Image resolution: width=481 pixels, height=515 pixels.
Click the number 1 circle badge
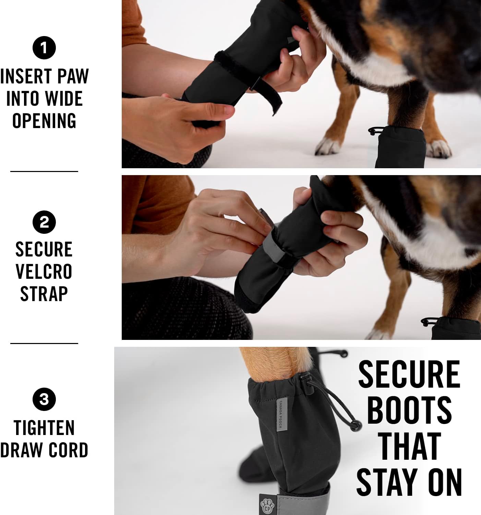pyautogui.click(x=44, y=48)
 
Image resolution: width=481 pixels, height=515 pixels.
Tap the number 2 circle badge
pyautogui.click(x=44, y=222)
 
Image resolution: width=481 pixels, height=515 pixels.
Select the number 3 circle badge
pyautogui.click(x=44, y=399)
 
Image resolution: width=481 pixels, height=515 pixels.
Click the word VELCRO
pyautogui.click(x=44, y=272)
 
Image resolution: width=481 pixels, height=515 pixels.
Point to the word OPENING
pyautogui.click(x=44, y=121)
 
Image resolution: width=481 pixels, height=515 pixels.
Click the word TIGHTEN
pyautogui.click(x=44, y=428)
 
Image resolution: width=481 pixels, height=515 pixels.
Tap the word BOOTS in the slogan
pyautogui.click(x=409, y=410)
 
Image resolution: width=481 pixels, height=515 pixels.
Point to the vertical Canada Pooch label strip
pyautogui.click(x=280, y=415)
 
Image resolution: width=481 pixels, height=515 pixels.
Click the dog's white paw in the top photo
pyautogui.click(x=327, y=146)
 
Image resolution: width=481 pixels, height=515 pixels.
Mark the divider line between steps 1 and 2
pyautogui.click(x=44, y=171)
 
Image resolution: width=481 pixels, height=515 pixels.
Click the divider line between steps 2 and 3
pyautogui.click(x=44, y=343)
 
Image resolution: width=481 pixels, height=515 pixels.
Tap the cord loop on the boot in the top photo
pyautogui.click(x=375, y=131)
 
